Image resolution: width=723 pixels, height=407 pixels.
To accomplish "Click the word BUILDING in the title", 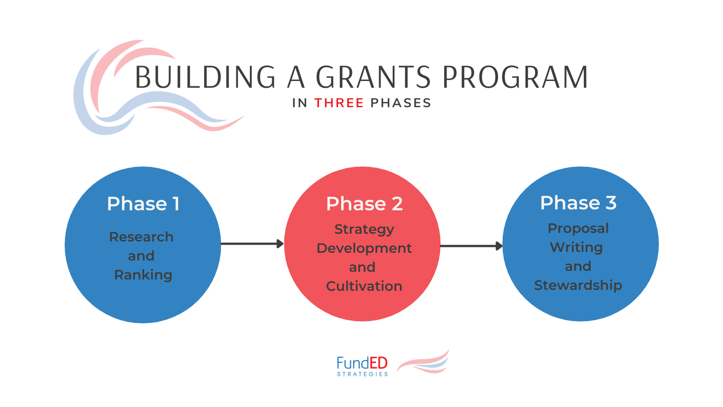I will (x=206, y=77).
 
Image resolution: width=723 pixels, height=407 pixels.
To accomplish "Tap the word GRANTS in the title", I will (x=373, y=77).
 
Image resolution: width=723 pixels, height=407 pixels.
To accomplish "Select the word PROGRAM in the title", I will (x=515, y=77).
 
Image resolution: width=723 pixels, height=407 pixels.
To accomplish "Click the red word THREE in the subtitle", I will (x=339, y=103).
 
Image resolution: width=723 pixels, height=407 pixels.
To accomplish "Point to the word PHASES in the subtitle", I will (x=400, y=103).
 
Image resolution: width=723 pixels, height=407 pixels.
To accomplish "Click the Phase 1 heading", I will (x=143, y=204).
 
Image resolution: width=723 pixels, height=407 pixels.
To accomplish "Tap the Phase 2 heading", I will (x=364, y=204).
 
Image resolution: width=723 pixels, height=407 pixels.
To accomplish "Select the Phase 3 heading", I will (x=578, y=203).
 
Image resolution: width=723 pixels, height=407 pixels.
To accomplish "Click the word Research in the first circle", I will (x=141, y=237).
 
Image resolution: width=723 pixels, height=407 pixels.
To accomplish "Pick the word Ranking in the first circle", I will (x=143, y=275).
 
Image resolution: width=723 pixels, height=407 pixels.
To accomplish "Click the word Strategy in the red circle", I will (x=364, y=229).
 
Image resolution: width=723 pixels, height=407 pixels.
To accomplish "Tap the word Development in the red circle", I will (x=364, y=248).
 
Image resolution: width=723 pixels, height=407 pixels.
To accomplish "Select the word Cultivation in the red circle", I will (x=364, y=286).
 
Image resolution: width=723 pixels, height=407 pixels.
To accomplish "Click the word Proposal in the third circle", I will (x=578, y=228).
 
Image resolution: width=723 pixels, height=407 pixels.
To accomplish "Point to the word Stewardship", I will (x=578, y=285).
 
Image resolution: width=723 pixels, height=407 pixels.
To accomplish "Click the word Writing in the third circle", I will (x=577, y=247).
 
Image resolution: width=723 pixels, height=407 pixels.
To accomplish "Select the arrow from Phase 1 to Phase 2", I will (x=252, y=244).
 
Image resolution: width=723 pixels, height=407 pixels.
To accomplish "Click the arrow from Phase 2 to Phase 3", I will (x=471, y=246).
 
